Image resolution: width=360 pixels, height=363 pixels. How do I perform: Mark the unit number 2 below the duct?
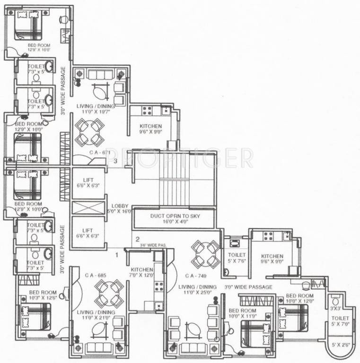click(137, 239)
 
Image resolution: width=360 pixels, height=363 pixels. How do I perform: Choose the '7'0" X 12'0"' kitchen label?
click(142, 272)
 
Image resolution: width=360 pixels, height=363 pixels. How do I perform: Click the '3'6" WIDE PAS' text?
click(153, 245)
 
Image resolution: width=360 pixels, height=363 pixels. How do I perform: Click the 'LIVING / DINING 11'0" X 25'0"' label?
click(197, 290)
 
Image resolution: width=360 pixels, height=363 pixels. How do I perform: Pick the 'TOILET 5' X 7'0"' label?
click(340, 321)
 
